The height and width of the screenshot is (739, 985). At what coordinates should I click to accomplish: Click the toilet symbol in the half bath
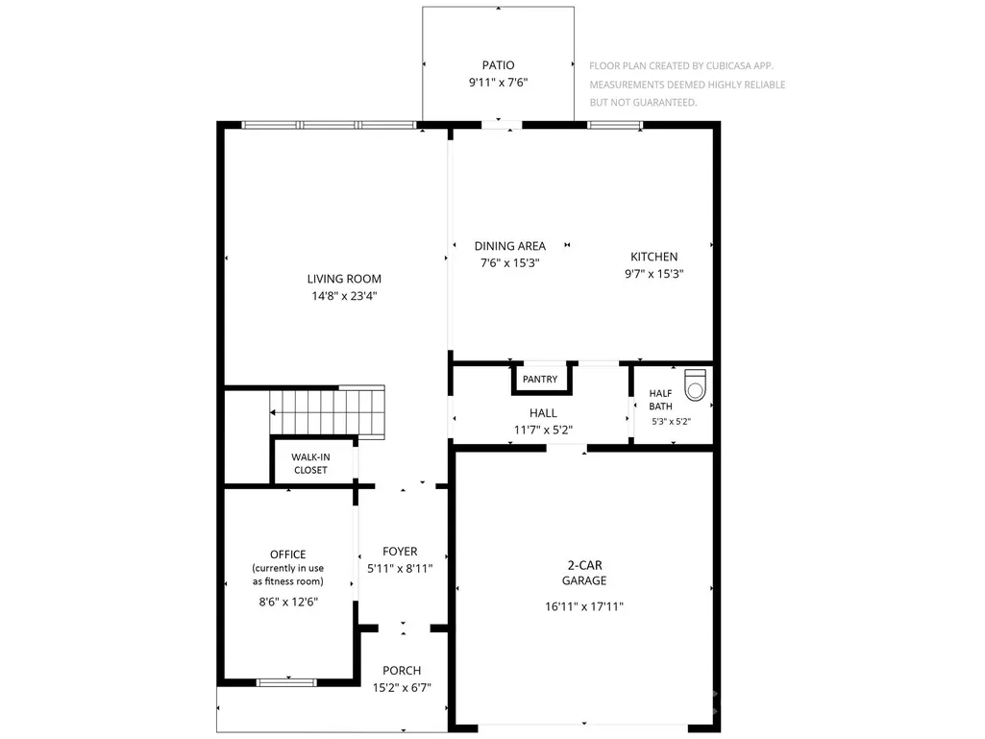(695, 384)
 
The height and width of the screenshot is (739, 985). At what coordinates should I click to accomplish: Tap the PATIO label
(498, 65)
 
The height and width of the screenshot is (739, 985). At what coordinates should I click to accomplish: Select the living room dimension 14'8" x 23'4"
(344, 296)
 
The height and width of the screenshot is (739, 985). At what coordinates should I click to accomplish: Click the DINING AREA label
(510, 246)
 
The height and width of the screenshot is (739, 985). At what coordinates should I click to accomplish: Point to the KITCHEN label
(654, 257)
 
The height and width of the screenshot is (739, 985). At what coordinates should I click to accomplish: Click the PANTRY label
(540, 380)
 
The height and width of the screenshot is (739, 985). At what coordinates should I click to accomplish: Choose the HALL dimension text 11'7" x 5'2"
(543, 431)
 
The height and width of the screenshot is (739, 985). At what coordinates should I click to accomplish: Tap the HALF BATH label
(661, 401)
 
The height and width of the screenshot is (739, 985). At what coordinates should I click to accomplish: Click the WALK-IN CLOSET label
(310, 464)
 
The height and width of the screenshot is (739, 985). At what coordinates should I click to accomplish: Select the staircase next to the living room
(328, 411)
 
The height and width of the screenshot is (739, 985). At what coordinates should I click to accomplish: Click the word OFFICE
(287, 554)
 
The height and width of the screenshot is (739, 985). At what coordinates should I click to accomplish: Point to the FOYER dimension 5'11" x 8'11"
(400, 569)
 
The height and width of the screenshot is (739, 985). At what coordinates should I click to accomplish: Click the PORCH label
(402, 671)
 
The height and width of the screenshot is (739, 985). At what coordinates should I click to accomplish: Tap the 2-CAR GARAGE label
(585, 573)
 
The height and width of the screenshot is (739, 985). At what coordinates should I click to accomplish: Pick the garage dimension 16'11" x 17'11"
(584, 607)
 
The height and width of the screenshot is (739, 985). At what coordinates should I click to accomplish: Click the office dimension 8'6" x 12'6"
(288, 602)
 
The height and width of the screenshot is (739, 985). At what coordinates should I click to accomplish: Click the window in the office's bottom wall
(286, 683)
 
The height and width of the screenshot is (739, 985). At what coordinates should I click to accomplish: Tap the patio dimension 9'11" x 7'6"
(498, 83)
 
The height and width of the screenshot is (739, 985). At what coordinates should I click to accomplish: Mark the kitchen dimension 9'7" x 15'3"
(654, 274)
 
